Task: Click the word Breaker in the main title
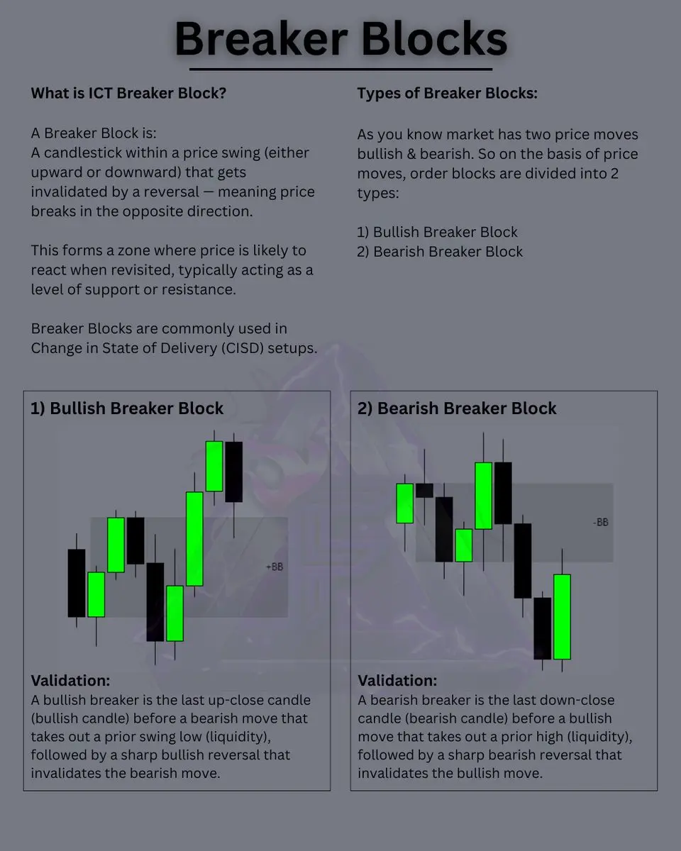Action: (262, 39)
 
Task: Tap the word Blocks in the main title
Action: (434, 39)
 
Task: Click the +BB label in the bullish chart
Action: (275, 567)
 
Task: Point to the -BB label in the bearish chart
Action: (601, 523)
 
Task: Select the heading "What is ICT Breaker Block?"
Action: (128, 93)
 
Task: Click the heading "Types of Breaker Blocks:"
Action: (447, 93)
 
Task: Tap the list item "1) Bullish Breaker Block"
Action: (437, 232)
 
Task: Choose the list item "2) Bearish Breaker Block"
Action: (440, 252)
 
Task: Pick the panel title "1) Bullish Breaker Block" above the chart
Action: (127, 408)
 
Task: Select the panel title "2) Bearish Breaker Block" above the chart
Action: (457, 408)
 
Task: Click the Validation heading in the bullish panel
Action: (70, 681)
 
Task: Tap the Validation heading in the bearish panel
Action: (397, 681)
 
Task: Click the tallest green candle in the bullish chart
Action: (194, 538)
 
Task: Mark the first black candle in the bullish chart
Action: (77, 583)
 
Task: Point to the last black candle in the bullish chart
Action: (234, 472)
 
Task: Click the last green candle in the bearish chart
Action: (562, 617)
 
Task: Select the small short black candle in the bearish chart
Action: (425, 490)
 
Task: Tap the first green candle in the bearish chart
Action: (405, 504)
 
